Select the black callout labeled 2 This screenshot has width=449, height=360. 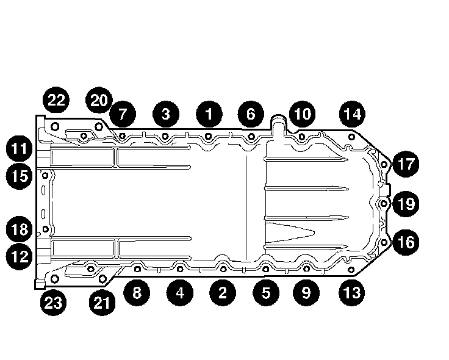pyautogui.click(x=221, y=292)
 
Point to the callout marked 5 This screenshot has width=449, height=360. pyautogui.click(x=265, y=292)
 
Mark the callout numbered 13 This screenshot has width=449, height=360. pyautogui.click(x=352, y=292)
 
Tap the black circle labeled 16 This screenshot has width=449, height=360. pyautogui.click(x=406, y=242)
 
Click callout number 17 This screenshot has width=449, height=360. pyautogui.click(x=406, y=164)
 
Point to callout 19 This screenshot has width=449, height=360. pyautogui.click(x=406, y=203)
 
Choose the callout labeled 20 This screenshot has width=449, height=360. pyautogui.click(x=99, y=100)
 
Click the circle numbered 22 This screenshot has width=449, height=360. pyautogui.click(x=56, y=100)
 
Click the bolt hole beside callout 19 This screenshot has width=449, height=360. pyautogui.click(x=384, y=203)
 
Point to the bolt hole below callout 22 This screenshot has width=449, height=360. pyautogui.click(x=55, y=126)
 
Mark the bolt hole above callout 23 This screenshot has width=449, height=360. pyautogui.click(x=54, y=278)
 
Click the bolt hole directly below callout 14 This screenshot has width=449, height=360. pyautogui.click(x=351, y=139)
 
